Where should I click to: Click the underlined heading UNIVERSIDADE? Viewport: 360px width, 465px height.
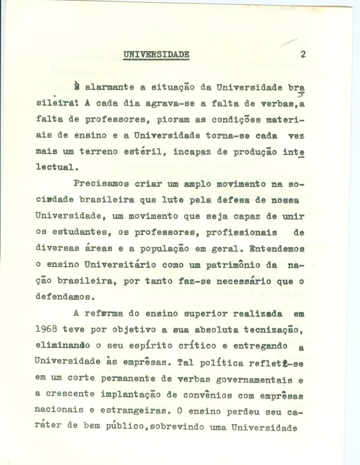(156, 55)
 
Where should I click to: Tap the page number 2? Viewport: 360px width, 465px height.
(303, 55)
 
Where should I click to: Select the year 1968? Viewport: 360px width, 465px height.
(46, 329)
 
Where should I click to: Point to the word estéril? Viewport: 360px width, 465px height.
(142, 152)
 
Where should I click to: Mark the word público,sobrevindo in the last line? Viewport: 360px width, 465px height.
(155, 427)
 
